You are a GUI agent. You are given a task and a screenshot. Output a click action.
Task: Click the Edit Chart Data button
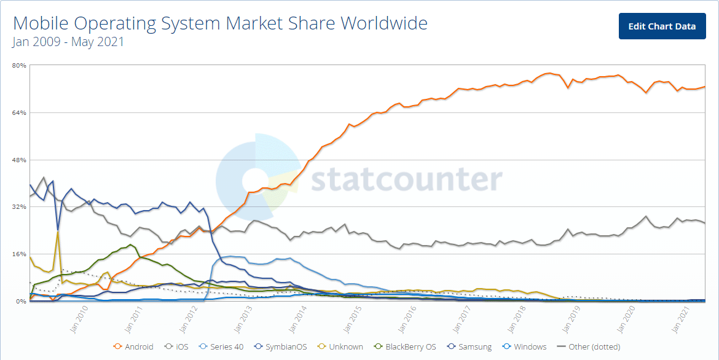point(662,26)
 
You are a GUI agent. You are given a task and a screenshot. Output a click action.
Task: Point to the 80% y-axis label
point(19,65)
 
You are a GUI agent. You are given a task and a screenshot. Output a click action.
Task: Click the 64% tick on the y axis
point(19,112)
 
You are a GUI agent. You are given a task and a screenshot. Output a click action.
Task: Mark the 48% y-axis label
point(19,160)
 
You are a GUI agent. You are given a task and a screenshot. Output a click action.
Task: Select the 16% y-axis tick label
point(19,254)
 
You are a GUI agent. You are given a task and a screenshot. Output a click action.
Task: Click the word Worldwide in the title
point(384,23)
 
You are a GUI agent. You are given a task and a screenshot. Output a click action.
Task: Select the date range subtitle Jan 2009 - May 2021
point(68,42)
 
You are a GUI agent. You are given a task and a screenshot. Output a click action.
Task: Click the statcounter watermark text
point(406,179)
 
